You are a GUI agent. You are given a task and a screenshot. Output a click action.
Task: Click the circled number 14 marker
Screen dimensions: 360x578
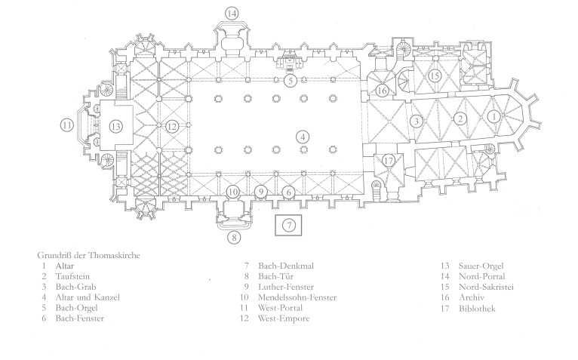232,13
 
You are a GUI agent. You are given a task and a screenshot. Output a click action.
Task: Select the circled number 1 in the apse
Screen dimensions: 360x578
493,117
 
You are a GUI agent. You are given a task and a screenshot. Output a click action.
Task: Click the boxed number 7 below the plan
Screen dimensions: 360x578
289,224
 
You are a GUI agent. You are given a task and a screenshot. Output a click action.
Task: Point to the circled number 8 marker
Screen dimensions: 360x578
235,238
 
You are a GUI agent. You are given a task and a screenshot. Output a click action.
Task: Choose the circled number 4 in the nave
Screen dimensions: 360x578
303,137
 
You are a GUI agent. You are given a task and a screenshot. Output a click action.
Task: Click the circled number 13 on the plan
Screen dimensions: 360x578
115,125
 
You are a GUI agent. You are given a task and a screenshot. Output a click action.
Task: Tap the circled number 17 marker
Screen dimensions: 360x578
389,160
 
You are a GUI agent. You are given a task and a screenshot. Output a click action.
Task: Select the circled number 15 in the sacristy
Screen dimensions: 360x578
434,75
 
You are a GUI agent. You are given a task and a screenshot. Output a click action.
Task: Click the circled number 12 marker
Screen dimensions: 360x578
173,126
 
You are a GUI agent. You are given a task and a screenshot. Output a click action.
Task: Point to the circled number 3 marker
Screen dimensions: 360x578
416,121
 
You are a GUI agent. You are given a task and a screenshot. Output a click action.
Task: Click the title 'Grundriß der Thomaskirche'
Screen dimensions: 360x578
88,255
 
